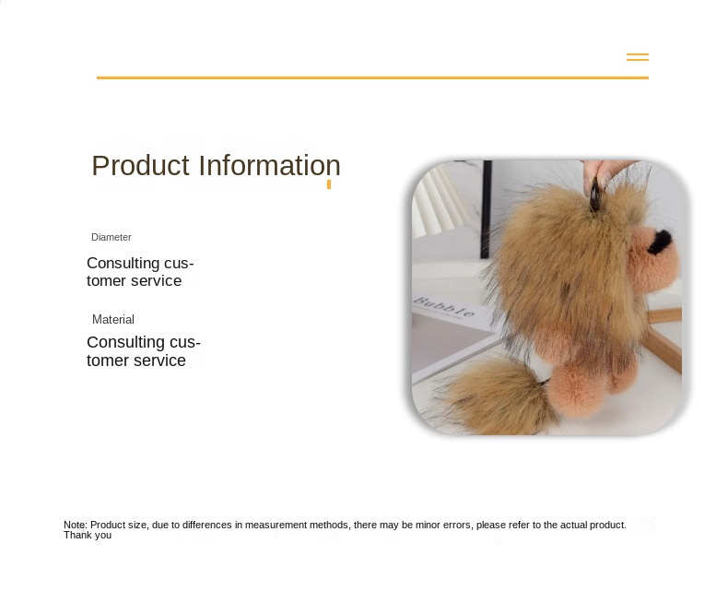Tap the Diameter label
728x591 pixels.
[112, 237]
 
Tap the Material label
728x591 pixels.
[113, 319]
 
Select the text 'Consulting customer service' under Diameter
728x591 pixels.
[139, 272]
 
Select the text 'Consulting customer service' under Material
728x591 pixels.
[143, 351]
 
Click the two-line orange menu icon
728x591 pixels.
[638, 57]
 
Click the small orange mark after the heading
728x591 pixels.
[329, 184]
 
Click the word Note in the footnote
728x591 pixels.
[75, 525]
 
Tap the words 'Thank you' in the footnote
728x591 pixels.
[88, 535]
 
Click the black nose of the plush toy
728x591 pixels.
[661, 241]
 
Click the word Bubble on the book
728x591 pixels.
[443, 307]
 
